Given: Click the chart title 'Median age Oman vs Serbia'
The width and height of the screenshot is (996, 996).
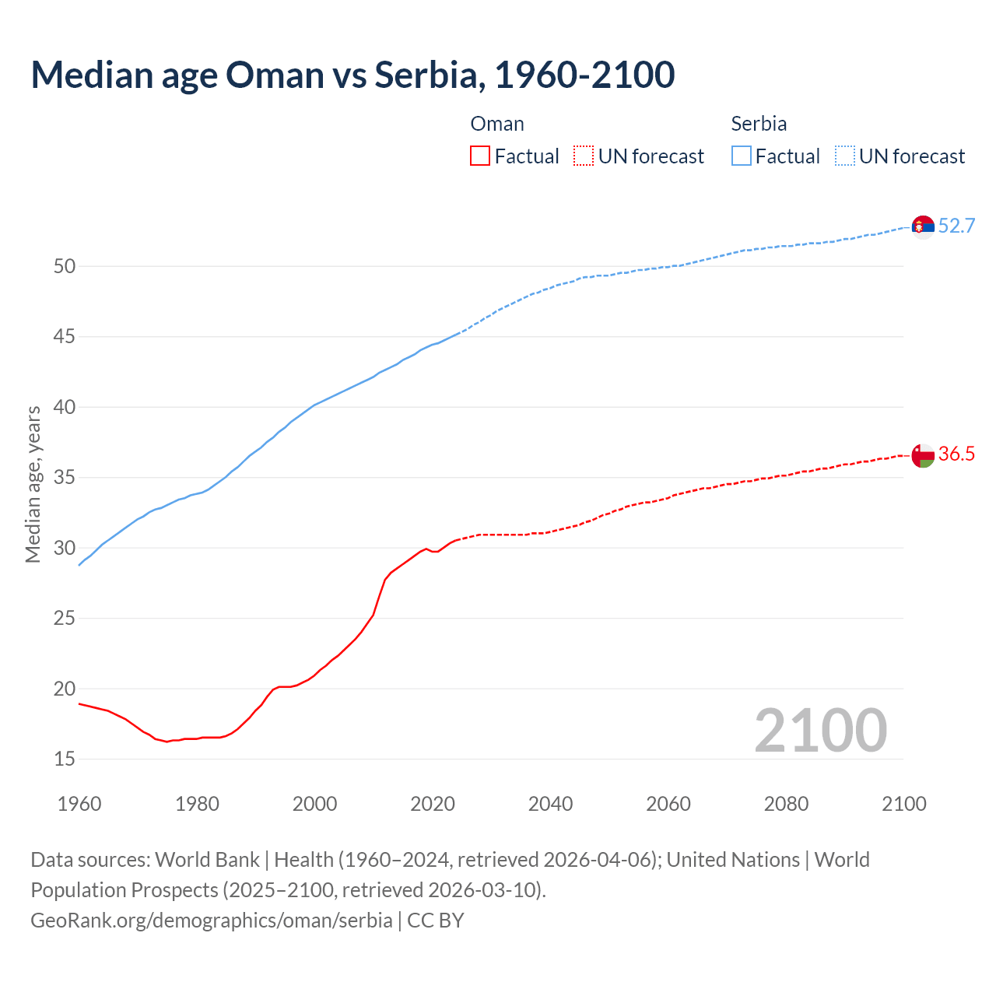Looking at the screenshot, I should click(352, 75).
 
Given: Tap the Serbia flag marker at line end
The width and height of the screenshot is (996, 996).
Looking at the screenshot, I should click(923, 226).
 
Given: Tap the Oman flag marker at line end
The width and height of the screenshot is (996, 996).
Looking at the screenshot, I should click(923, 455).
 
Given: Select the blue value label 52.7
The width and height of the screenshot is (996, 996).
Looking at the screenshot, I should click(956, 226).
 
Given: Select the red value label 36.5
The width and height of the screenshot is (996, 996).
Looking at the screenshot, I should click(956, 454).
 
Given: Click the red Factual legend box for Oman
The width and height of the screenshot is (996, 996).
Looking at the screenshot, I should click(480, 156).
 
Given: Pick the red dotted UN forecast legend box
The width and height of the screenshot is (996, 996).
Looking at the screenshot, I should click(584, 156).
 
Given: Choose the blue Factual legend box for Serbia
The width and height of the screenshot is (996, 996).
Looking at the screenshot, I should click(742, 156).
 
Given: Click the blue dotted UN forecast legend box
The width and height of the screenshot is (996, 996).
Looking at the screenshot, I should click(845, 156).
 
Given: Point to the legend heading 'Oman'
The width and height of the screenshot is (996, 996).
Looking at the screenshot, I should click(497, 124).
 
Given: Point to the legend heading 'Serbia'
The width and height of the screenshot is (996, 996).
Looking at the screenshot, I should click(759, 124).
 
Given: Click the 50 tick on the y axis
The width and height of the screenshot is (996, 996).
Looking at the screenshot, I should click(65, 266).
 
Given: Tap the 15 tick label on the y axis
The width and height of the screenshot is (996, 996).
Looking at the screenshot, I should click(65, 759).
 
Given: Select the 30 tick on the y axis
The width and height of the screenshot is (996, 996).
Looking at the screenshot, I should click(65, 548).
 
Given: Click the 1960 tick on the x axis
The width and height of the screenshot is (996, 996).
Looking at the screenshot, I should click(79, 804).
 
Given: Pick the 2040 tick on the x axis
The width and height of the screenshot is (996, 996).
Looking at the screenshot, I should click(550, 804).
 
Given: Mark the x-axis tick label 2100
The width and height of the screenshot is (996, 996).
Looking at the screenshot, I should click(903, 804).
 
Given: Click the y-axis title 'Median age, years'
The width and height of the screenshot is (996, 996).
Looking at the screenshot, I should click(33, 484).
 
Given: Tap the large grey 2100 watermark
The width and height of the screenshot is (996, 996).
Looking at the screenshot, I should click(820, 730).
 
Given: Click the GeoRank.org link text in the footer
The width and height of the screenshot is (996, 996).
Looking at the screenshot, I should click(212, 921).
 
